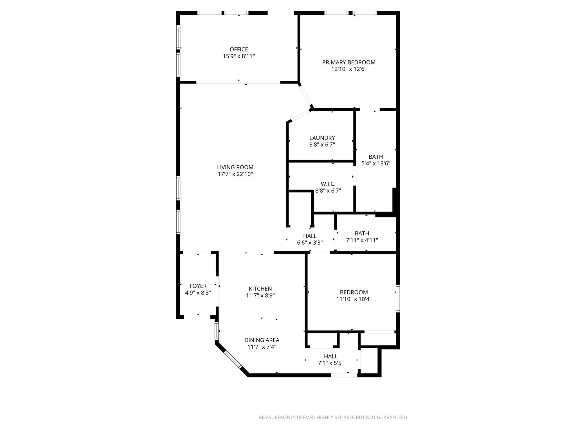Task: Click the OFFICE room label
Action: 239,49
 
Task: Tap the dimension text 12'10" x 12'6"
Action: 349,69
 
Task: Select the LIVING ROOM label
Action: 235,167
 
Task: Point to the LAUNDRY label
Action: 322,138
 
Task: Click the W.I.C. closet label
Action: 328,184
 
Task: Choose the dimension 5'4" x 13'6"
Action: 376,163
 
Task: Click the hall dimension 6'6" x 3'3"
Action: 310,243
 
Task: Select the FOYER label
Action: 198,286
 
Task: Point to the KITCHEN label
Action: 260,289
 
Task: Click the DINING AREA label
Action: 262,340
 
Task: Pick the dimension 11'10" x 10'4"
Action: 354,299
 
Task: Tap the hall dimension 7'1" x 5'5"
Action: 330,363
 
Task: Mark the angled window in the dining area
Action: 233,359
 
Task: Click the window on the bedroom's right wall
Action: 398,298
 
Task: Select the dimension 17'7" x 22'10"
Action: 235,174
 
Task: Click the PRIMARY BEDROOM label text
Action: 349,62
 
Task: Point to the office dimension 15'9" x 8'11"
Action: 239,56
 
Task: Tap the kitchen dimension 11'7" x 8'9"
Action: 260,296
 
